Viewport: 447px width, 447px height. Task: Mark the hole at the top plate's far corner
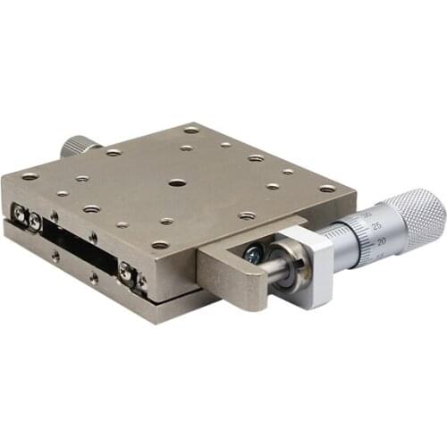[190, 131]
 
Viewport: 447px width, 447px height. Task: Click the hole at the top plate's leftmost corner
[30, 176]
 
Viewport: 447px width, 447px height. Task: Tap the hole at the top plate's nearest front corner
[160, 244]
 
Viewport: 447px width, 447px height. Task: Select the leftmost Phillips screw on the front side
[19, 212]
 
